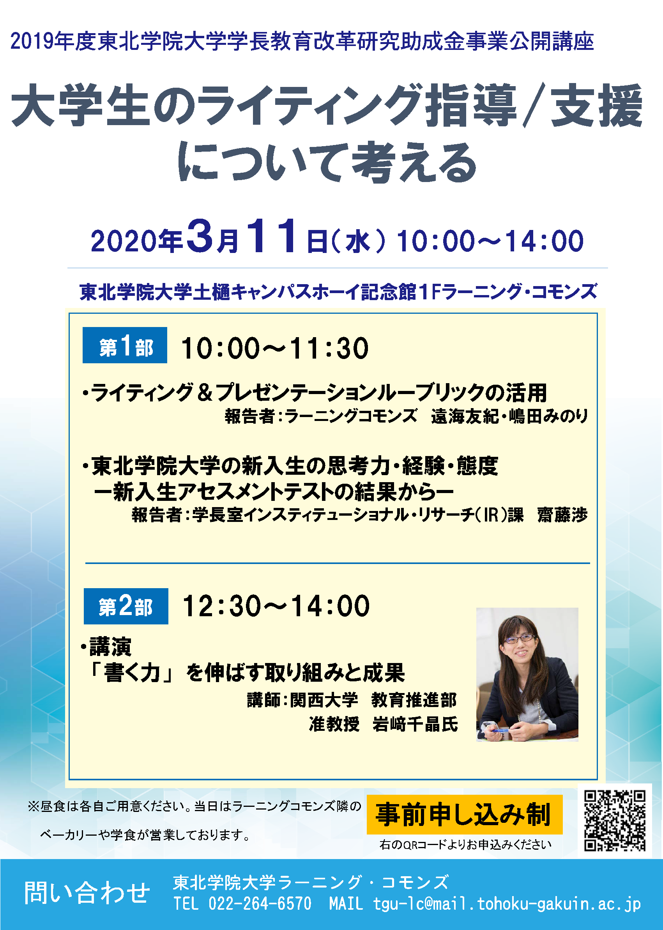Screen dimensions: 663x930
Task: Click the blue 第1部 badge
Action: tap(124, 345)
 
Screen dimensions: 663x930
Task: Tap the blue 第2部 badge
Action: tap(126, 606)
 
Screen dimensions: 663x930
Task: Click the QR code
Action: tap(614, 820)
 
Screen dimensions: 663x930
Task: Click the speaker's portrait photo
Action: tap(527, 675)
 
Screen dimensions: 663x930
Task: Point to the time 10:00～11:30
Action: tap(275, 348)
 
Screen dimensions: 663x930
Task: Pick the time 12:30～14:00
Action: tap(276, 606)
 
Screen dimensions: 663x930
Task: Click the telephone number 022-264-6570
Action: tap(260, 903)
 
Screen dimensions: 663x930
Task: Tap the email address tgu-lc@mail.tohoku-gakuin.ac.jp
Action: tap(507, 904)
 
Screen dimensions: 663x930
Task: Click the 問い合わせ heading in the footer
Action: tap(87, 893)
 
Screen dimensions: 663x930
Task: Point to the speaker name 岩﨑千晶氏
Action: tap(415, 724)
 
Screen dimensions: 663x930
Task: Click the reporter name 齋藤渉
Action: tap(562, 515)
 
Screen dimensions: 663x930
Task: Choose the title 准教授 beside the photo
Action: tap(334, 724)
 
